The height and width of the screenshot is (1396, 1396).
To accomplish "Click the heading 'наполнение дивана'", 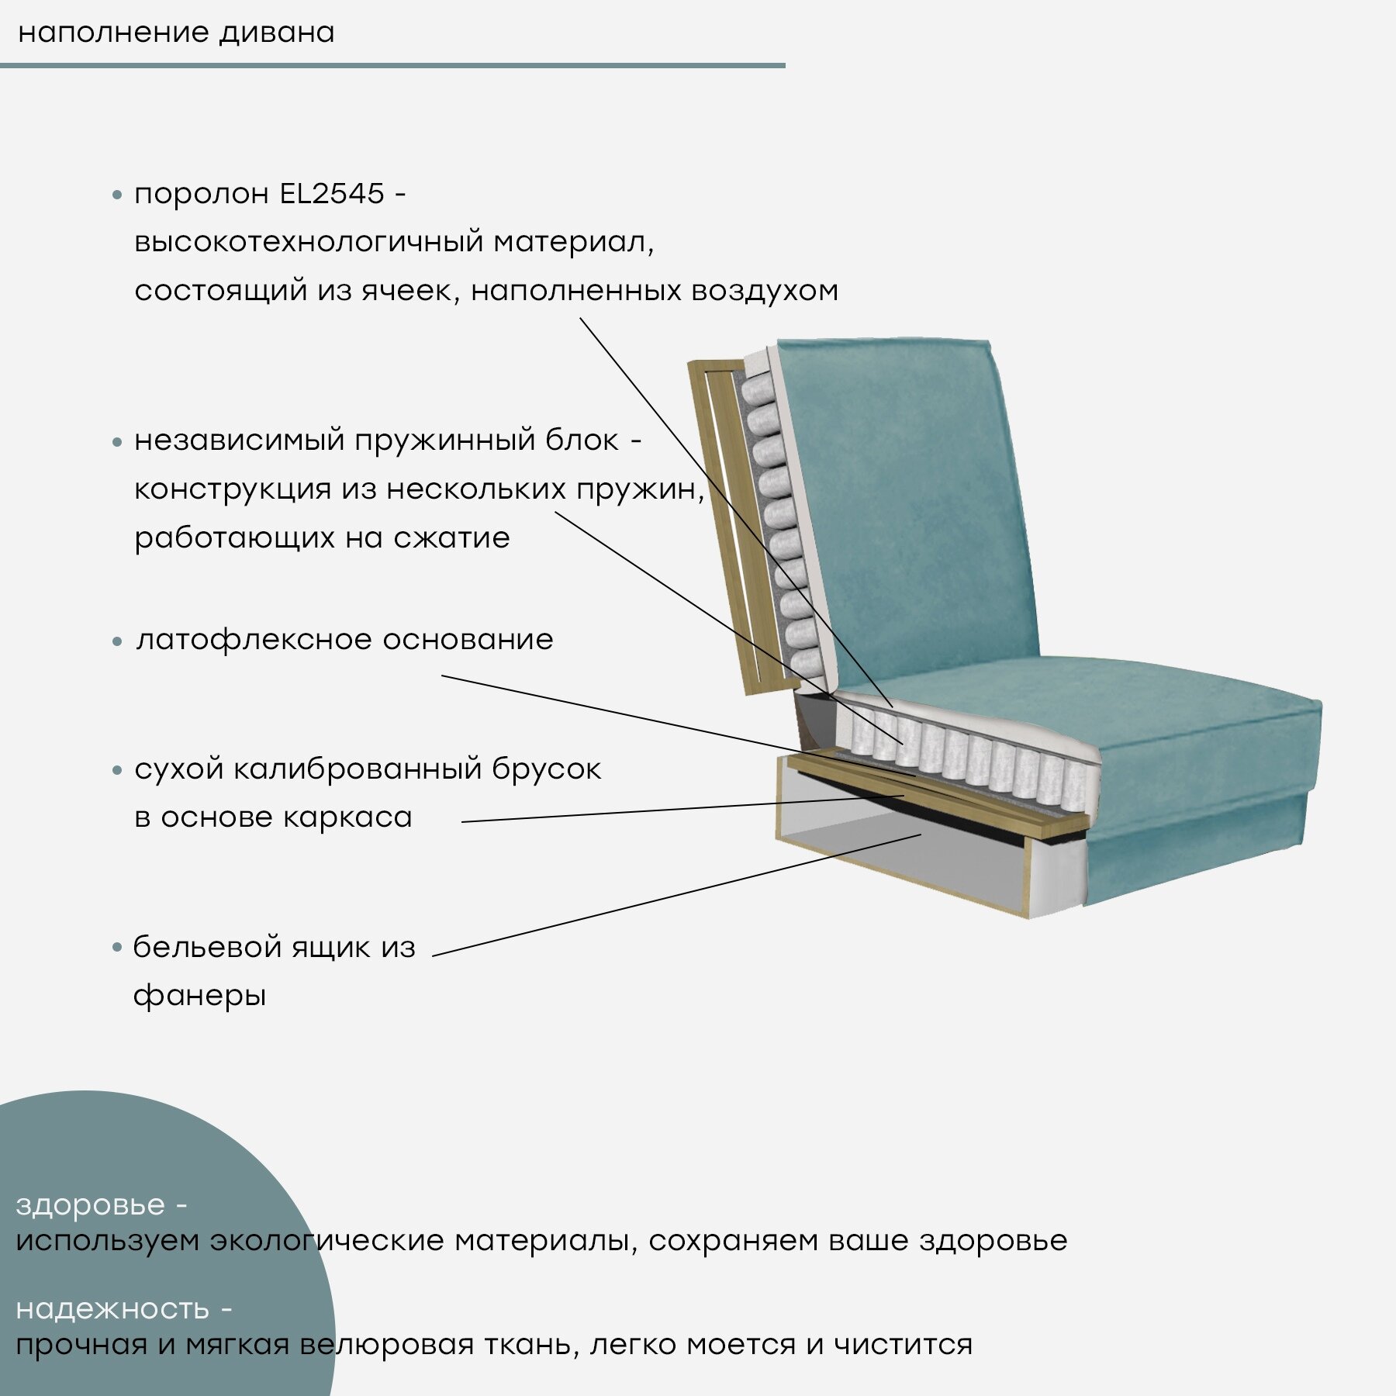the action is click(x=176, y=33).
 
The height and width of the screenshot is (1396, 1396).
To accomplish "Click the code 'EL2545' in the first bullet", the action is click(x=331, y=194).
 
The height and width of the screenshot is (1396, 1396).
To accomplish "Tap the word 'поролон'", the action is click(x=202, y=194).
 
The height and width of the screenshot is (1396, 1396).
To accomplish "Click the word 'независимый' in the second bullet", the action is click(x=239, y=441).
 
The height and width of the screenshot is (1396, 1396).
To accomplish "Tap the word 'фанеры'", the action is click(x=199, y=996).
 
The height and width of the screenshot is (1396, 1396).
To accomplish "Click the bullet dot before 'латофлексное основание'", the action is click(x=117, y=641).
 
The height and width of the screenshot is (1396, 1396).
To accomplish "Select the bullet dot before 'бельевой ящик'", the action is click(x=117, y=947).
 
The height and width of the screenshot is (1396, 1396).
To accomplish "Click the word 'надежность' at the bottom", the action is click(x=112, y=1308).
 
